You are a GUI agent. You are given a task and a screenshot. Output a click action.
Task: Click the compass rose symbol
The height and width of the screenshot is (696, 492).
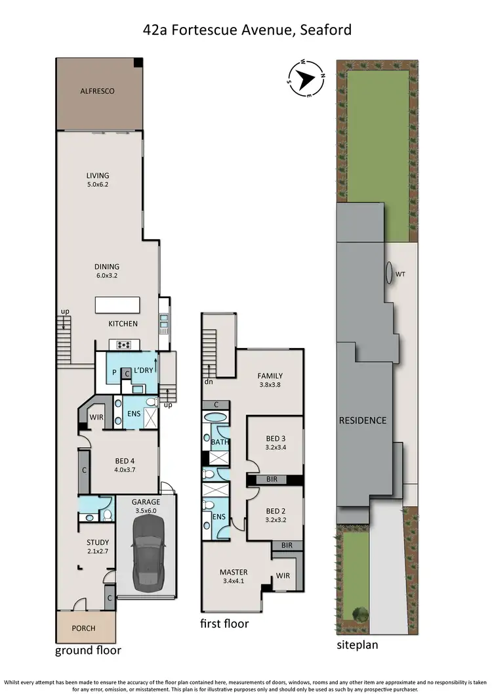pyautogui.click(x=306, y=80)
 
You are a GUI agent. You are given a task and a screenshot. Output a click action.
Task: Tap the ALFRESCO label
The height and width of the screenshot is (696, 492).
pyautogui.click(x=97, y=91)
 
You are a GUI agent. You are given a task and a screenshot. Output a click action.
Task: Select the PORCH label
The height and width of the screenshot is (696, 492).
pyautogui.click(x=83, y=628)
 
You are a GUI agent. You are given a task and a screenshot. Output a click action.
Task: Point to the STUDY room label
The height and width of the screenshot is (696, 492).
pyautogui.click(x=98, y=542)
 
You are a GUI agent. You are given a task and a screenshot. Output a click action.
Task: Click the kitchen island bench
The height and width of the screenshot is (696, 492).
pyautogui.click(x=117, y=305)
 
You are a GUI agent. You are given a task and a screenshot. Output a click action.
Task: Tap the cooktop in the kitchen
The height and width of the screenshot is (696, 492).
pyautogui.click(x=125, y=345)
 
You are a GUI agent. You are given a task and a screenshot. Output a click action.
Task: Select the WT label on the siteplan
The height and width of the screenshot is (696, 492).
pyautogui.click(x=400, y=276)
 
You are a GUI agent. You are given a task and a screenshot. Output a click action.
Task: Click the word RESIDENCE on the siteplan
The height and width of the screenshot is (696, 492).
pyautogui.click(x=363, y=420)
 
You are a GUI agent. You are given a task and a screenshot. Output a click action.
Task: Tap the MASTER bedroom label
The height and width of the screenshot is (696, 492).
pyautogui.click(x=234, y=572)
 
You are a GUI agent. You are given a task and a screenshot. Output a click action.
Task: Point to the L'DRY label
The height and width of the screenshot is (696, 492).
pyautogui.click(x=143, y=372)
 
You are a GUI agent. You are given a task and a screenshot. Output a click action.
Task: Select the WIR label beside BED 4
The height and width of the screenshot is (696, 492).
pyautogui.click(x=97, y=418)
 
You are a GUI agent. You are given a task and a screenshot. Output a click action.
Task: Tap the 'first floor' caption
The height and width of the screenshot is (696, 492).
pyautogui.click(x=224, y=623)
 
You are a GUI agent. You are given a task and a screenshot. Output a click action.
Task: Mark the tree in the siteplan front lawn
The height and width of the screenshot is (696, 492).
pyautogui.click(x=359, y=614)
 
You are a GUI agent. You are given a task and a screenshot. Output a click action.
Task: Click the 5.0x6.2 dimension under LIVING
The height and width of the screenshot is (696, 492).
pyautogui.click(x=97, y=185)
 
